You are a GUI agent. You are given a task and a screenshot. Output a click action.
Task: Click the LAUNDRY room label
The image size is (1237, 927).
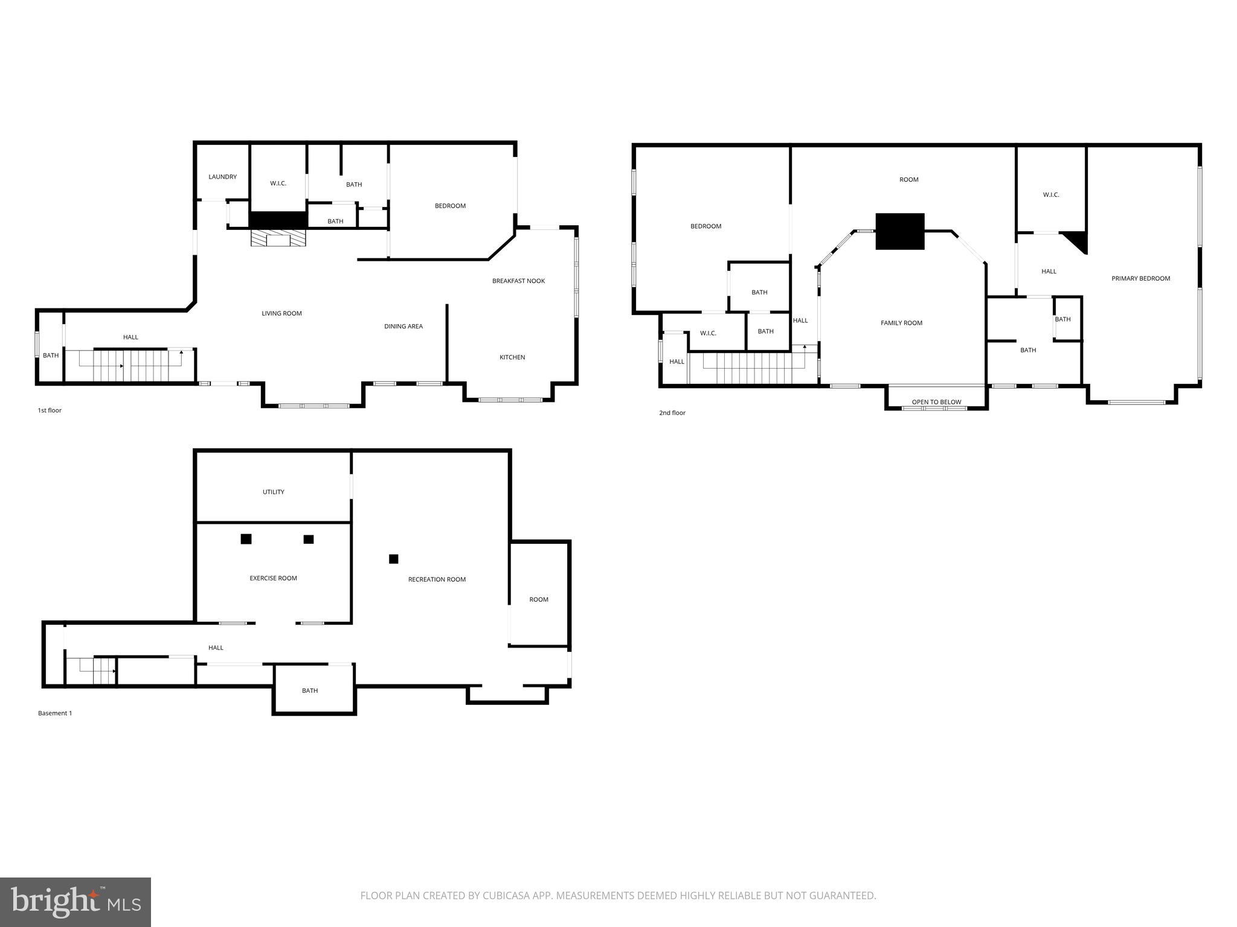(x=222, y=177)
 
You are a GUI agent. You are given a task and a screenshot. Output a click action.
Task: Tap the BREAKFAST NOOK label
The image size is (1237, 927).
(x=518, y=281)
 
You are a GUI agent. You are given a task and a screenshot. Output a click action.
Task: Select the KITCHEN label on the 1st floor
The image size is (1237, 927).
(x=512, y=357)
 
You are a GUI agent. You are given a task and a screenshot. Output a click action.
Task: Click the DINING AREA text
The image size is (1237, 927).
(x=403, y=327)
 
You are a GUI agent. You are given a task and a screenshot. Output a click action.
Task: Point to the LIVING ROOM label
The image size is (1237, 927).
(x=281, y=313)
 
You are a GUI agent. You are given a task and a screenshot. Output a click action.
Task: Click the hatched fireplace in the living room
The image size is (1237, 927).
(x=278, y=238)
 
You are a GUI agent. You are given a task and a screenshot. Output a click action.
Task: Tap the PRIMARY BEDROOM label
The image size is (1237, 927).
(x=1140, y=278)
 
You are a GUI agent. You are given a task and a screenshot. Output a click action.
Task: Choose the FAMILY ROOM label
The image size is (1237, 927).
(x=901, y=323)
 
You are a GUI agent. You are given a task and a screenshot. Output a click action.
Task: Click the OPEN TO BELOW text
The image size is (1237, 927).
(x=936, y=402)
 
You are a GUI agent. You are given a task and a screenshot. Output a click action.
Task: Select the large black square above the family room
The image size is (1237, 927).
(x=900, y=231)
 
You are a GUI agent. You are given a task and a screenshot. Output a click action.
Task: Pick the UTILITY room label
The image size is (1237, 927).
(x=273, y=492)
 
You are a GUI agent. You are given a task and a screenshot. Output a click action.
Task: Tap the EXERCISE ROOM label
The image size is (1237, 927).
(x=273, y=578)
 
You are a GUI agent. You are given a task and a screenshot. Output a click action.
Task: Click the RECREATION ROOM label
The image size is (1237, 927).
(x=437, y=579)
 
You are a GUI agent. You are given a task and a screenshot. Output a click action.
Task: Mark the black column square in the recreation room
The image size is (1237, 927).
(x=393, y=559)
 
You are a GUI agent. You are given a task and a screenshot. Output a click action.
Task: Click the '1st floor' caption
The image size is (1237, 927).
(x=50, y=410)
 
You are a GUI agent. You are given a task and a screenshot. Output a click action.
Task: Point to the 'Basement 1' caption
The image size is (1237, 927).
(x=55, y=713)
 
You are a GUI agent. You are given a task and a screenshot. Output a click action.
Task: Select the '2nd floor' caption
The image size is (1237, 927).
(x=672, y=413)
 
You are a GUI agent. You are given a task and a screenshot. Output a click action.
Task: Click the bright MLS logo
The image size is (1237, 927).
(x=76, y=902)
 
